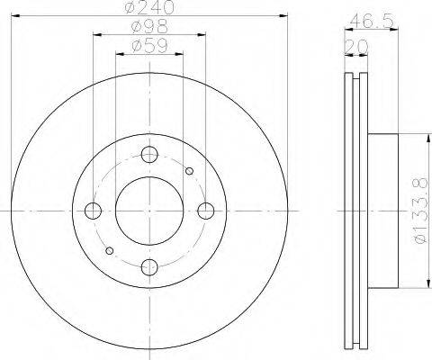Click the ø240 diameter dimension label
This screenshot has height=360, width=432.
[x=149, y=6]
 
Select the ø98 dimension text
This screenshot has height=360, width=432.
[x=149, y=26]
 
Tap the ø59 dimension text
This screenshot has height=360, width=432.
[x=149, y=46]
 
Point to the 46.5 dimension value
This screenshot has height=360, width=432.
[x=372, y=21]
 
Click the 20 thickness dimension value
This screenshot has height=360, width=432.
[x=356, y=47]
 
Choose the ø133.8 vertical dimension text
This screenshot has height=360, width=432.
[x=420, y=211]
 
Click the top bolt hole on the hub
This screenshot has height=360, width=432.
[x=149, y=155]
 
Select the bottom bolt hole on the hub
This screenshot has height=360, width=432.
[x=149, y=267]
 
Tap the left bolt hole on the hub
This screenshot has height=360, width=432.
[x=93, y=211]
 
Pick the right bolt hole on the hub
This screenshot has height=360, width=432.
[x=206, y=211]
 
